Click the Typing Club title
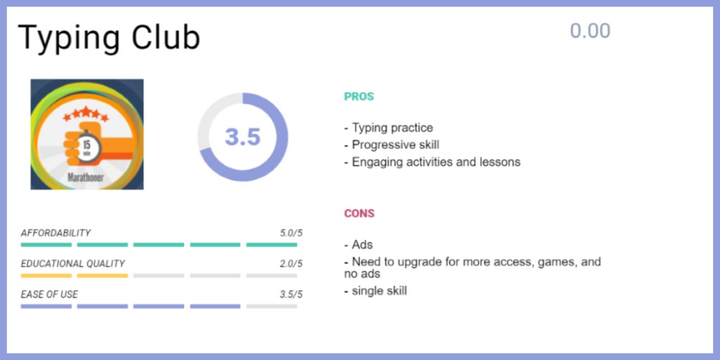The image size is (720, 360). click(109, 38)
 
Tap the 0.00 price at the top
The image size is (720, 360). click(590, 31)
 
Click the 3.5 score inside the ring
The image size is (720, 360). click(243, 137)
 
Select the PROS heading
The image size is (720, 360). click(359, 97)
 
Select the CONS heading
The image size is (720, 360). click(359, 214)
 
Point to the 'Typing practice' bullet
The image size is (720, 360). click(388, 128)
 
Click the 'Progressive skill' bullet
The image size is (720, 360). click(392, 145)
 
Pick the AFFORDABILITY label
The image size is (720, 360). click(56, 233)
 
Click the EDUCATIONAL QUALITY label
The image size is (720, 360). click(72, 264)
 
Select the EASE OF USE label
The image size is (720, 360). click(49, 294)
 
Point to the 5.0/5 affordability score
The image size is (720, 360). click(290, 233)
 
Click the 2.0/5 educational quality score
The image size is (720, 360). click(290, 264)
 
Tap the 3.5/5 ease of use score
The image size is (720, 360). click(290, 294)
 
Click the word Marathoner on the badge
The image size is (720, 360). click(86, 177)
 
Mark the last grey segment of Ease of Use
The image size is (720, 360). click(271, 307)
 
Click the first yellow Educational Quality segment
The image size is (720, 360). click(46, 276)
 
